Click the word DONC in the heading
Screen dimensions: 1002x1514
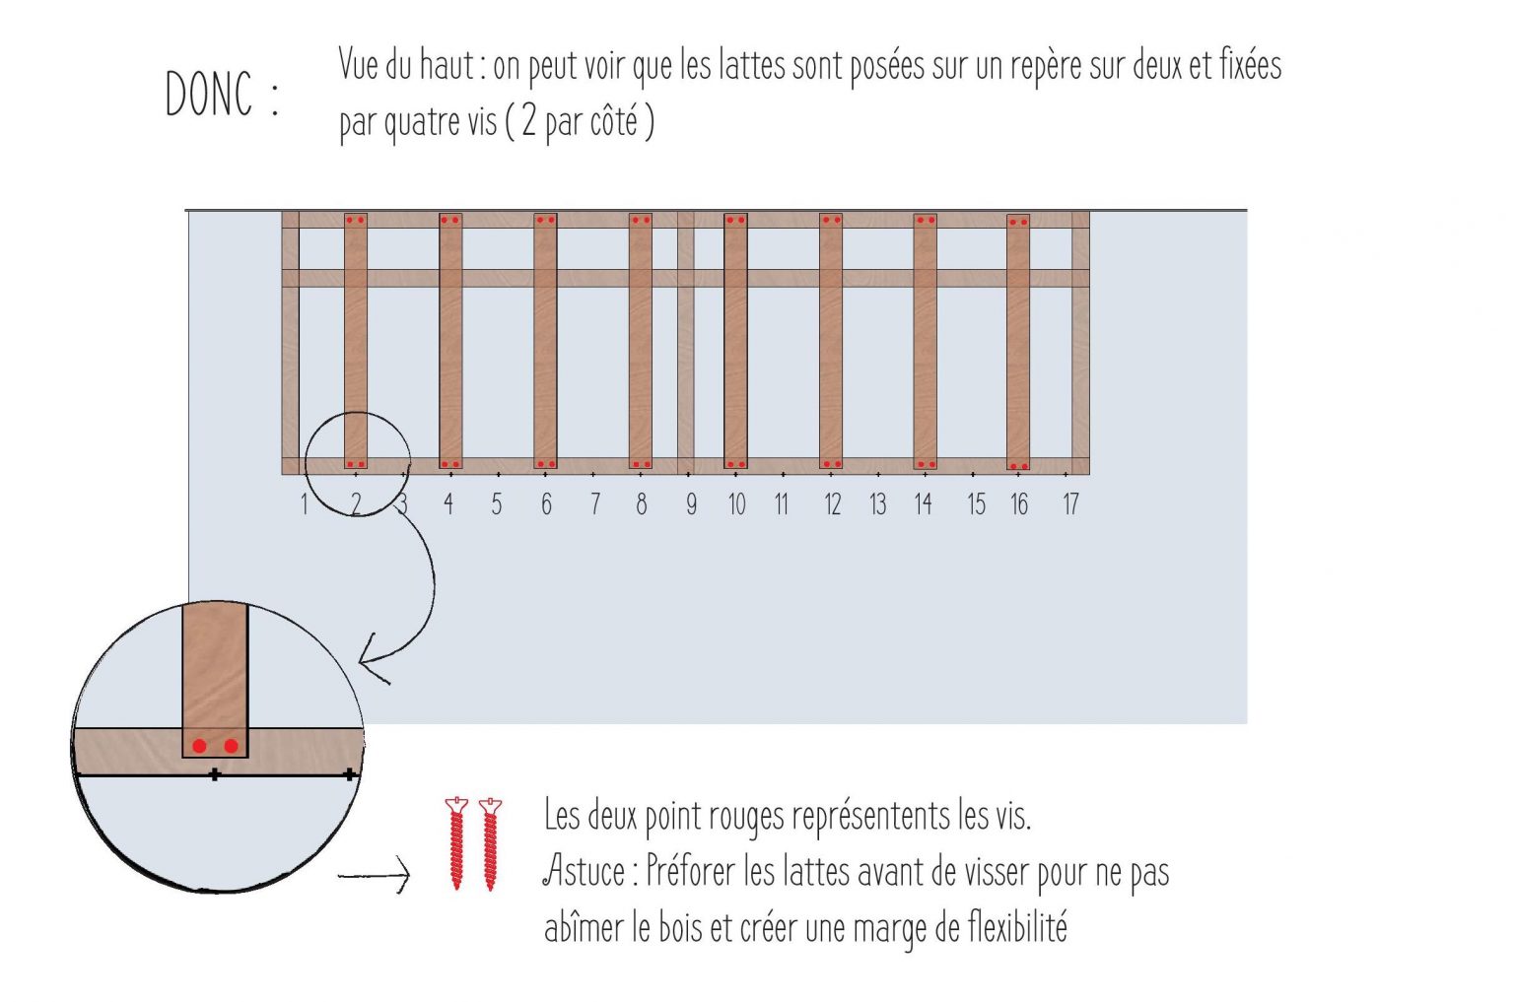(x=209, y=95)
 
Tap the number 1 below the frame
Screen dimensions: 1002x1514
(x=304, y=504)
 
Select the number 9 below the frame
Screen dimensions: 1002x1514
(x=691, y=504)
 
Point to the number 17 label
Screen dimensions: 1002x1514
(x=1070, y=504)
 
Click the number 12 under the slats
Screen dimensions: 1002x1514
(x=832, y=504)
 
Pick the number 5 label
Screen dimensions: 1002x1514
(x=496, y=504)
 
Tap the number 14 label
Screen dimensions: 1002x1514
(x=923, y=504)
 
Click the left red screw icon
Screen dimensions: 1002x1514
(x=455, y=843)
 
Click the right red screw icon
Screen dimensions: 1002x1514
(x=491, y=843)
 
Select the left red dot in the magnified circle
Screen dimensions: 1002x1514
(x=200, y=746)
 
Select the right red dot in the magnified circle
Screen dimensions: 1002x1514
(x=232, y=746)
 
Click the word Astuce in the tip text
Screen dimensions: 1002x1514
(x=585, y=871)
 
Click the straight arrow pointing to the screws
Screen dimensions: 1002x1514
(x=375, y=874)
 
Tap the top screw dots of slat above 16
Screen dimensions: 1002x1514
(x=1018, y=222)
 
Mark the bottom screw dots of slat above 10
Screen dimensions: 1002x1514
(x=735, y=464)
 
